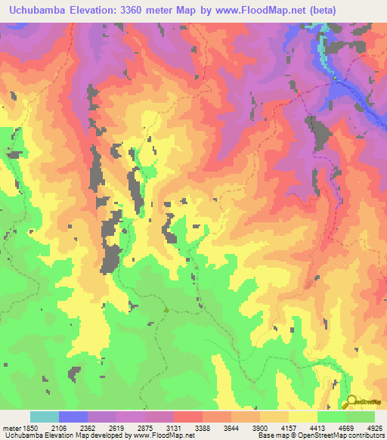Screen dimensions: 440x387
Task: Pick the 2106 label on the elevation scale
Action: point(73,427)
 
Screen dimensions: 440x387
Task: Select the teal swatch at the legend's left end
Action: point(45,417)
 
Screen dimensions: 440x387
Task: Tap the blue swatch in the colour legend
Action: point(73,417)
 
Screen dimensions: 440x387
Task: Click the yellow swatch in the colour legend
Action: point(302,417)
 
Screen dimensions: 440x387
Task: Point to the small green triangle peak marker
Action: point(166,308)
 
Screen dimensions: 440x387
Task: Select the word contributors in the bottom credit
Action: point(365,435)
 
